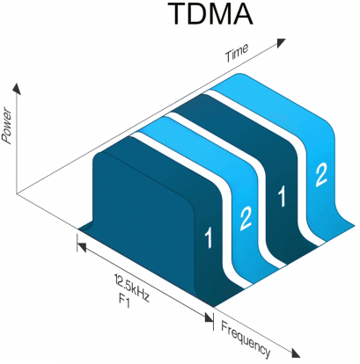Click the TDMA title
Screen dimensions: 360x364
[x=210, y=13]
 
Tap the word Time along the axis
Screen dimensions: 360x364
[x=237, y=52]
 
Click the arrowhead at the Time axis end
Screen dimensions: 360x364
[x=281, y=42]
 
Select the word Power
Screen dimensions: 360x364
[x=6, y=127]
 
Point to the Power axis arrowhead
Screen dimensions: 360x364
[x=17, y=88]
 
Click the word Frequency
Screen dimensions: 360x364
[x=246, y=339]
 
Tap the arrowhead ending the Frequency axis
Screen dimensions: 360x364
[x=296, y=353]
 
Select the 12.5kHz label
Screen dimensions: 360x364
[x=132, y=288]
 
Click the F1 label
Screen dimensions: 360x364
[x=124, y=302]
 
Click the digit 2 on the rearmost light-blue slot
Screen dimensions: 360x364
[x=320, y=175]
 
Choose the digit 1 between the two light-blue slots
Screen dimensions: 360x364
[x=282, y=197]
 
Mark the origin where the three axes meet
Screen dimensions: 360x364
[x=17, y=193]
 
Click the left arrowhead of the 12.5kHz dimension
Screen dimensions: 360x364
[x=81, y=247]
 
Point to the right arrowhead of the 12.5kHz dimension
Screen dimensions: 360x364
[x=209, y=317]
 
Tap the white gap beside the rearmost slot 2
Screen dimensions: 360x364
[x=302, y=164]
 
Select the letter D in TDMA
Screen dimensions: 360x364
[x=195, y=13]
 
